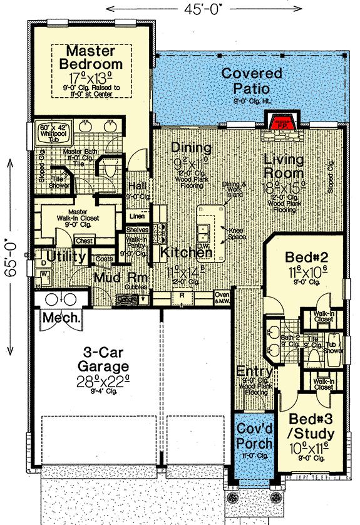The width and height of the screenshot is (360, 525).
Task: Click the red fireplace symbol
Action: (x=281, y=122)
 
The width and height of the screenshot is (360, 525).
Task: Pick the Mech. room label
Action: (x=61, y=318)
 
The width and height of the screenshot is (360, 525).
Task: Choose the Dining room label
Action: (x=190, y=148)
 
